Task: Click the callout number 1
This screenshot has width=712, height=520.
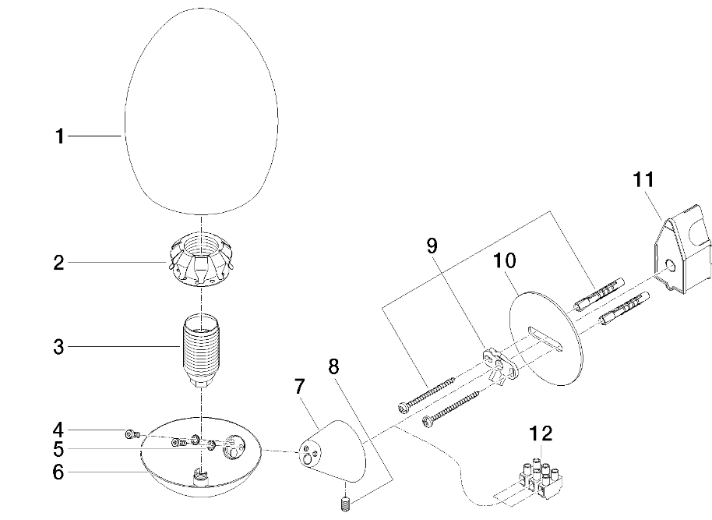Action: point(58,136)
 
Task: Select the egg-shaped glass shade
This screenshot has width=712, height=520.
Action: point(202,109)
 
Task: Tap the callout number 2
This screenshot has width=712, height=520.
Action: point(58,263)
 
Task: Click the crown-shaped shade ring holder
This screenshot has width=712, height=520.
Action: point(202,263)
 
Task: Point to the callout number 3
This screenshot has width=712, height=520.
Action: point(58,347)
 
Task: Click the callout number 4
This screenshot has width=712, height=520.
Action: point(58,430)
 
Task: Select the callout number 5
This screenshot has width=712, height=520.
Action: point(58,450)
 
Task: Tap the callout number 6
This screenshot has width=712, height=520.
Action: point(58,472)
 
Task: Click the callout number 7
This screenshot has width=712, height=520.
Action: point(299,386)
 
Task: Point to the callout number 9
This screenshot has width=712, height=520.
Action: point(432,247)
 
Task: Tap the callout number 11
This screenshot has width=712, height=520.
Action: point(643,180)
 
